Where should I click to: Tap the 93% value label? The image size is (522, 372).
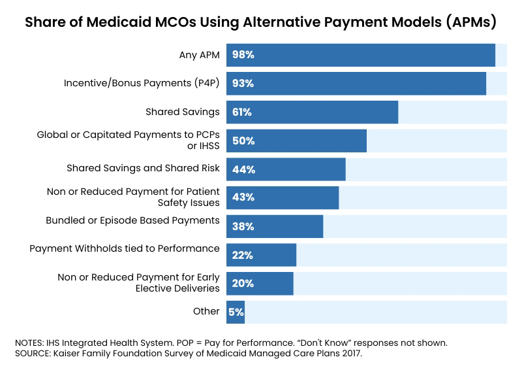pyautogui.click(x=243, y=84)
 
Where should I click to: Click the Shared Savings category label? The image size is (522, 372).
pyautogui.click(x=182, y=112)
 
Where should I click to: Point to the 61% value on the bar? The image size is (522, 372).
pyautogui.click(x=242, y=112)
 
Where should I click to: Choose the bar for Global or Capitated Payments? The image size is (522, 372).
pyautogui.click(x=296, y=141)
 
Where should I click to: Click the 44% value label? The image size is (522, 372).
pyautogui.click(x=243, y=169)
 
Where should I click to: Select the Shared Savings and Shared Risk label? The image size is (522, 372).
pyautogui.click(x=143, y=168)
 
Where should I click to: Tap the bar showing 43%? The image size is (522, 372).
pyautogui.click(x=282, y=197)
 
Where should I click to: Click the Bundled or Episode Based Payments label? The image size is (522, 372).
pyautogui.click(x=132, y=220)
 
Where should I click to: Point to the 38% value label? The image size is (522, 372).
pyautogui.click(x=243, y=226)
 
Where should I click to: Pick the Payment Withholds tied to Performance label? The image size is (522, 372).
pyautogui.click(x=125, y=248)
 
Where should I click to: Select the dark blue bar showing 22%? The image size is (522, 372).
pyautogui.click(x=261, y=255)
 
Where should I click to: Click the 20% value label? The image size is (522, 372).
pyautogui.click(x=243, y=284)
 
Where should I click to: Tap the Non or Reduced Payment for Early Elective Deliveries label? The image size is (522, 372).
pyautogui.click(x=138, y=282)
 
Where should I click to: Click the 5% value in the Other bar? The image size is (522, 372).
pyautogui.click(x=236, y=312)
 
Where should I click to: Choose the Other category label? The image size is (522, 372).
pyautogui.click(x=206, y=311)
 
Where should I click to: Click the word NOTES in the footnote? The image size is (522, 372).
pyautogui.click(x=30, y=343)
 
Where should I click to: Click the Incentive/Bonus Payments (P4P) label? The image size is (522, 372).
pyautogui.click(x=142, y=84)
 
